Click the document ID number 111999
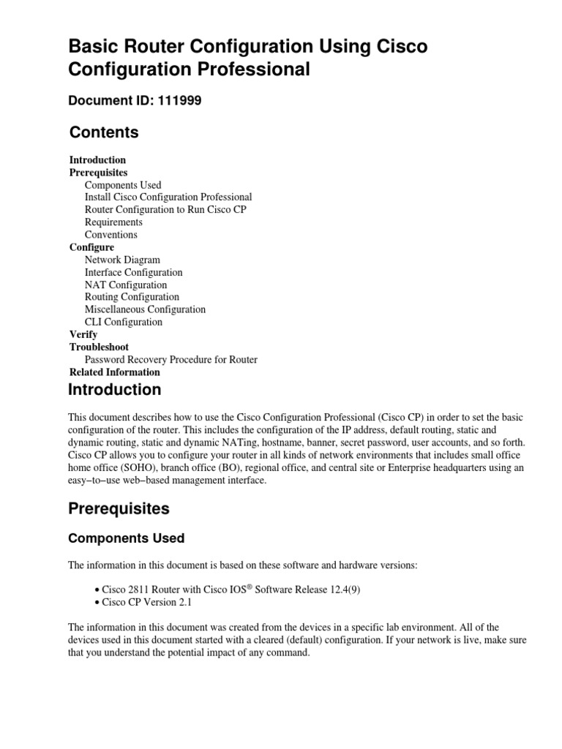pyautogui.click(x=180, y=101)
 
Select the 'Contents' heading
pyautogui.click(x=104, y=132)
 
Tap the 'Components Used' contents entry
pyautogui.click(x=123, y=185)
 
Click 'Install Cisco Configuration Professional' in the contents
pyautogui.click(x=168, y=197)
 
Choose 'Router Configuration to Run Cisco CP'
pyautogui.click(x=165, y=209)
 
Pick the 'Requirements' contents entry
pyautogui.click(x=113, y=222)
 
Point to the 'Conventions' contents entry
pyautogui.click(x=111, y=235)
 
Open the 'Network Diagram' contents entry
pyautogui.click(x=122, y=260)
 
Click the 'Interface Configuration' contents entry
pyautogui.click(x=134, y=272)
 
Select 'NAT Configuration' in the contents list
pyautogui.click(x=126, y=285)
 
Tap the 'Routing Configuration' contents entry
pyautogui.click(x=132, y=297)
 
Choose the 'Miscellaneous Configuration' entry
pyautogui.click(x=145, y=309)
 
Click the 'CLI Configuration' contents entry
pyautogui.click(x=124, y=322)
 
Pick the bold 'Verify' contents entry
pyautogui.click(x=83, y=334)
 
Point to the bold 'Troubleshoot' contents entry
pyautogui.click(x=99, y=347)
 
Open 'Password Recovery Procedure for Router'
pyautogui.click(x=171, y=359)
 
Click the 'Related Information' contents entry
pyautogui.click(x=115, y=372)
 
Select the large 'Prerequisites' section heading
pyautogui.click(x=119, y=508)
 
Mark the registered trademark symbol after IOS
pyautogui.click(x=246, y=587)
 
